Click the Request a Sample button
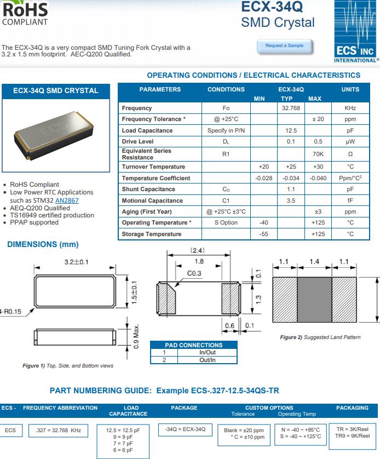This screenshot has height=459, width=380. (x=284, y=46)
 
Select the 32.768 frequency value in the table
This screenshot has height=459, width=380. (x=290, y=108)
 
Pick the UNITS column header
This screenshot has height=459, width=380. (x=350, y=89)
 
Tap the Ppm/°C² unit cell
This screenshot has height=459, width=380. (x=350, y=178)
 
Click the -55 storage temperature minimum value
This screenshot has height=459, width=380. (x=263, y=234)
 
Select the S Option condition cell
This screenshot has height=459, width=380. (x=226, y=223)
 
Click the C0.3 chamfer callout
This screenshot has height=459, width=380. (x=194, y=273)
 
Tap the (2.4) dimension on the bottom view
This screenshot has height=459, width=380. (x=197, y=250)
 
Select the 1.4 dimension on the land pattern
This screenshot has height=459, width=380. (x=314, y=262)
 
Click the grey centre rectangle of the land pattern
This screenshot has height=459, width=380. (x=314, y=300)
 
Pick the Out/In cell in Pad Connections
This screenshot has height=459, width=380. (x=208, y=359)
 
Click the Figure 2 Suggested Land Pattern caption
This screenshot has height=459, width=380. (x=320, y=337)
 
